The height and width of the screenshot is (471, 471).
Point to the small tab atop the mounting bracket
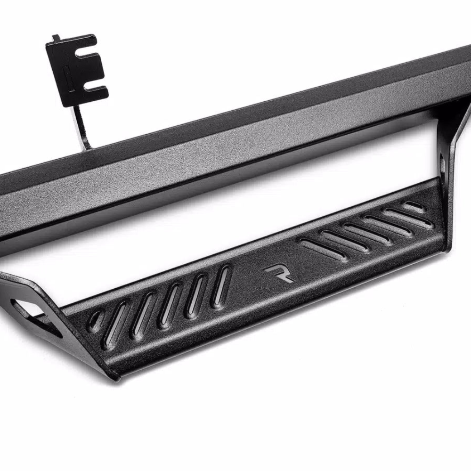pos(56,38)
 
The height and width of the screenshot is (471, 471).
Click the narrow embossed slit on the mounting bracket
pos(66,79)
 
